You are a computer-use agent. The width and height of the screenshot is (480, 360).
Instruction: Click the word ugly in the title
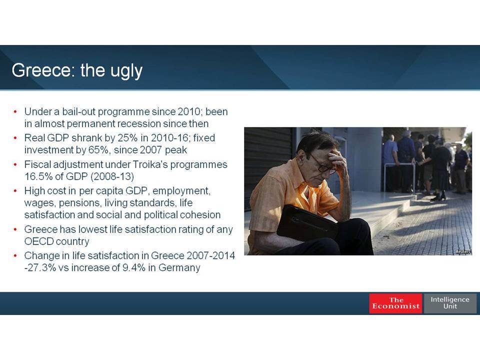[x=126, y=71]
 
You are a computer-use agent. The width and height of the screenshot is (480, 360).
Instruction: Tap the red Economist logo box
[x=395, y=303]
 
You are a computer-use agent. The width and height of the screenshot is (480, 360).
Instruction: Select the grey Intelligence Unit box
[x=450, y=303]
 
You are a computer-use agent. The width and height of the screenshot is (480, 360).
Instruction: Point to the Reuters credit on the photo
[x=463, y=251]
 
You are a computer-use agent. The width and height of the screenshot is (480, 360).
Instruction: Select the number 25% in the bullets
[x=127, y=138]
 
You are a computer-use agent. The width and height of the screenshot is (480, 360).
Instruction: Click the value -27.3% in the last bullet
[x=40, y=267]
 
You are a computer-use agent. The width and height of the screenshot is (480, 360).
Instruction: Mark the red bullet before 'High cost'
[x=15, y=191]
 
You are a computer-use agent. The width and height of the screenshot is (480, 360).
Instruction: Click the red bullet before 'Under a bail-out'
[x=15, y=111]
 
